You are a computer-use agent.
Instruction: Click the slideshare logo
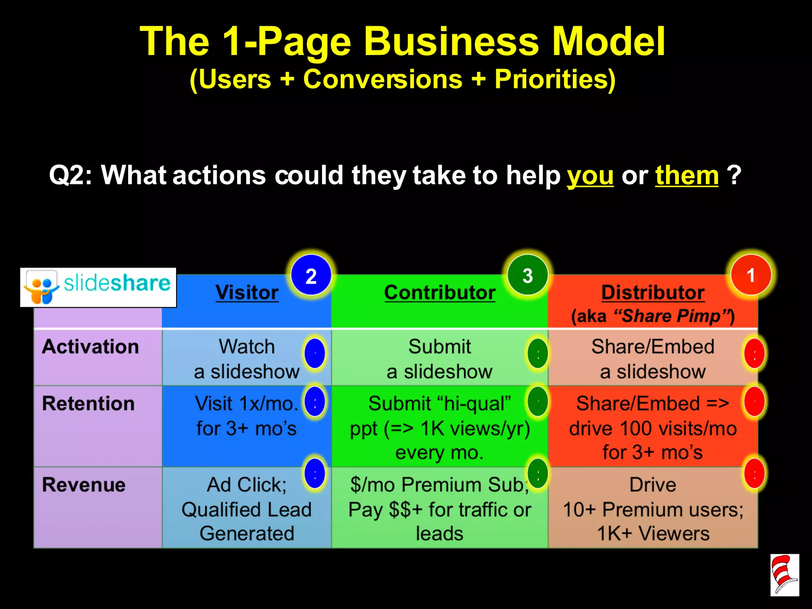pyautogui.click(x=98, y=287)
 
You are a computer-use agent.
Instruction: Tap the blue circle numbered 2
pyautogui.click(x=311, y=275)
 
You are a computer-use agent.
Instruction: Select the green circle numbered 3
pyautogui.click(x=527, y=275)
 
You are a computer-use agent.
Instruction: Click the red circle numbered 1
pyautogui.click(x=751, y=275)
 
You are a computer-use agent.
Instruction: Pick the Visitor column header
pyautogui.click(x=247, y=293)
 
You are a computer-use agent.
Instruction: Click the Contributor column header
pyautogui.click(x=439, y=293)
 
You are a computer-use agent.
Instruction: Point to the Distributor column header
pyautogui.click(x=653, y=293)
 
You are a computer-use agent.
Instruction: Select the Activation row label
pyautogui.click(x=90, y=347)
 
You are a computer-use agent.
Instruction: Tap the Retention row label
pyautogui.click(x=88, y=404)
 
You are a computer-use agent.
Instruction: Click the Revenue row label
pyautogui.click(x=84, y=485)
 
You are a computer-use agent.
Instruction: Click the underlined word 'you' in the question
pyautogui.click(x=590, y=175)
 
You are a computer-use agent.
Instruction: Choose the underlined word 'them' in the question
pyautogui.click(x=687, y=175)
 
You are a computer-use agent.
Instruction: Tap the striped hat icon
pyautogui.click(x=784, y=575)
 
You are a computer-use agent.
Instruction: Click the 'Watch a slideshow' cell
pyautogui.click(x=247, y=359)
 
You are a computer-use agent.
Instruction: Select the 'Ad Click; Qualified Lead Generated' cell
pyautogui.click(x=247, y=509)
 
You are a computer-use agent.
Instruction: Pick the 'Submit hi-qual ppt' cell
pyautogui.click(x=439, y=427)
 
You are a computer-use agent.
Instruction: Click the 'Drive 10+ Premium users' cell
pyautogui.click(x=653, y=509)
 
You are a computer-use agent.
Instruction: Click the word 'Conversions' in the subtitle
pyautogui.click(x=383, y=79)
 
